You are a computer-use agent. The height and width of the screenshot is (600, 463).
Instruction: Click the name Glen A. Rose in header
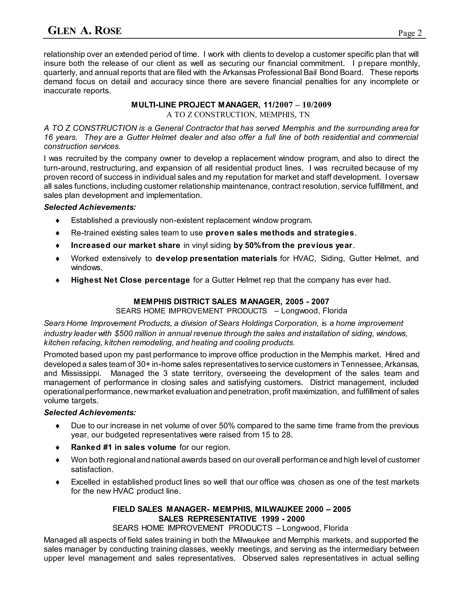click(85, 31)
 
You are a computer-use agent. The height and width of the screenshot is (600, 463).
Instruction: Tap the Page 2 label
click(410, 33)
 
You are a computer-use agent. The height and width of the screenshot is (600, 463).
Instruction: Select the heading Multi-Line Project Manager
click(194, 105)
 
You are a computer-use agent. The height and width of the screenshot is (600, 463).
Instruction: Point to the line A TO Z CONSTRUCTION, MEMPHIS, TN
click(238, 115)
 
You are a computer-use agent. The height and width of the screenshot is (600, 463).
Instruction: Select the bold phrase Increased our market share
click(125, 245)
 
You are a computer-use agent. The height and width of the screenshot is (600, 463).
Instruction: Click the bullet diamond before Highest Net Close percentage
click(58, 281)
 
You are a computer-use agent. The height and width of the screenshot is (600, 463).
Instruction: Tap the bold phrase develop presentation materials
click(216, 259)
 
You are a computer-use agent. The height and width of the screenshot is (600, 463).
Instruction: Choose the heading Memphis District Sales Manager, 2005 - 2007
click(231, 302)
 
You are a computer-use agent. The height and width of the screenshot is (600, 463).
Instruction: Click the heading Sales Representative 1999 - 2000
click(231, 519)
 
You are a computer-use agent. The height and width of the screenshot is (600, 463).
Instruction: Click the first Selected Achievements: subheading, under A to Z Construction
click(90, 207)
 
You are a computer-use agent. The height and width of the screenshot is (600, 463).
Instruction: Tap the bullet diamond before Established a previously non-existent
click(58, 221)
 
